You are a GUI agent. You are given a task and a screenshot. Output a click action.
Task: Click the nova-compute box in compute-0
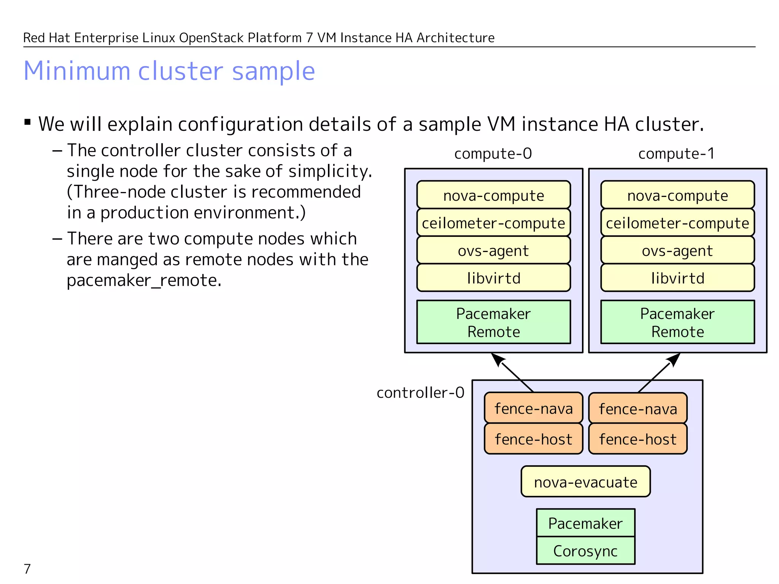click(x=493, y=195)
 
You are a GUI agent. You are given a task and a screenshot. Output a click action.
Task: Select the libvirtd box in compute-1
click(x=677, y=278)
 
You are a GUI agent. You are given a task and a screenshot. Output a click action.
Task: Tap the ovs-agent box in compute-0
click(x=493, y=251)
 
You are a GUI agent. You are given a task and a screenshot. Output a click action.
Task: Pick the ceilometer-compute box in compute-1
click(x=677, y=223)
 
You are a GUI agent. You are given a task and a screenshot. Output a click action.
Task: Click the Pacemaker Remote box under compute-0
click(x=493, y=322)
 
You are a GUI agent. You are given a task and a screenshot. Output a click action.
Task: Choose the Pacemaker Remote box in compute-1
click(x=677, y=322)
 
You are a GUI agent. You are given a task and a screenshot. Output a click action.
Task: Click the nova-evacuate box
click(x=585, y=482)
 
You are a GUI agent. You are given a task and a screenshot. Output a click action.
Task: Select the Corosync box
click(x=585, y=551)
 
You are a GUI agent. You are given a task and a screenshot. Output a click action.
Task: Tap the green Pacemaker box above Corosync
click(x=585, y=523)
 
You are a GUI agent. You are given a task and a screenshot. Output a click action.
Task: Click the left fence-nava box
click(x=533, y=408)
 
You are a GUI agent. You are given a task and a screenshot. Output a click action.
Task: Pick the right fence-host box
click(x=638, y=439)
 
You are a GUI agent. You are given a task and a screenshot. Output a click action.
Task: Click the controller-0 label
click(x=420, y=392)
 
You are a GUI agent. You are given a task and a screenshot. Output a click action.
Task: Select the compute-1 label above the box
click(x=677, y=154)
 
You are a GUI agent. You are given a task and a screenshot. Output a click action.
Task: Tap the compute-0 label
click(x=493, y=154)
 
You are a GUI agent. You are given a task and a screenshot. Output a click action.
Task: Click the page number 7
click(x=27, y=569)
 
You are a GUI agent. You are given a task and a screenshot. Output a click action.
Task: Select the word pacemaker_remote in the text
click(x=144, y=281)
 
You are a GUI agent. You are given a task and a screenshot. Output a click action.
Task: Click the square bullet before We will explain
click(x=27, y=122)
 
